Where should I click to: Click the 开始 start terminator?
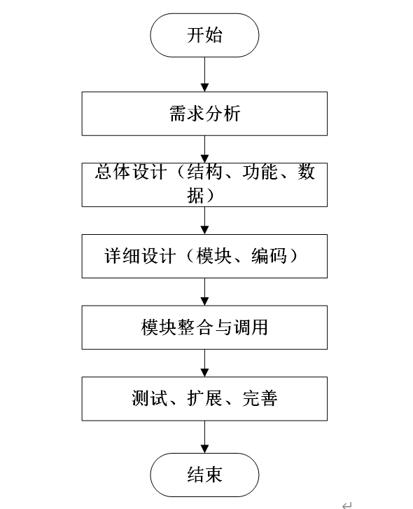(204, 35)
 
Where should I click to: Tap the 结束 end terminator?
(204, 475)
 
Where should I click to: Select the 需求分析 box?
(204, 114)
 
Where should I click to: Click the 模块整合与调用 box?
(204, 327)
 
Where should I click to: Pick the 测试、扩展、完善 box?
(204, 399)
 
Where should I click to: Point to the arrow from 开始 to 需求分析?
(204, 74)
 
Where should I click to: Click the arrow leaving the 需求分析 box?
(204, 149)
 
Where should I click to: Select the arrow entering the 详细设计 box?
(204, 220)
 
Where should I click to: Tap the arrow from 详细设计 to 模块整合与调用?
(204, 292)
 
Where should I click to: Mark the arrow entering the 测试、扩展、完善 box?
(204, 363)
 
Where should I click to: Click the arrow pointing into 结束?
(204, 437)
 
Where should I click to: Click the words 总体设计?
(131, 172)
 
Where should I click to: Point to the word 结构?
(204, 172)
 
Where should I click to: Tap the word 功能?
(260, 172)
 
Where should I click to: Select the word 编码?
(269, 256)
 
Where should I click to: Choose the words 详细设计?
(140, 256)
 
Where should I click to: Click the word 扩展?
(204, 398)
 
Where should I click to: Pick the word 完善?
(260, 398)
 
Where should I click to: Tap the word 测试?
(149, 398)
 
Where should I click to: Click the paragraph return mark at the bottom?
(347, 505)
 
